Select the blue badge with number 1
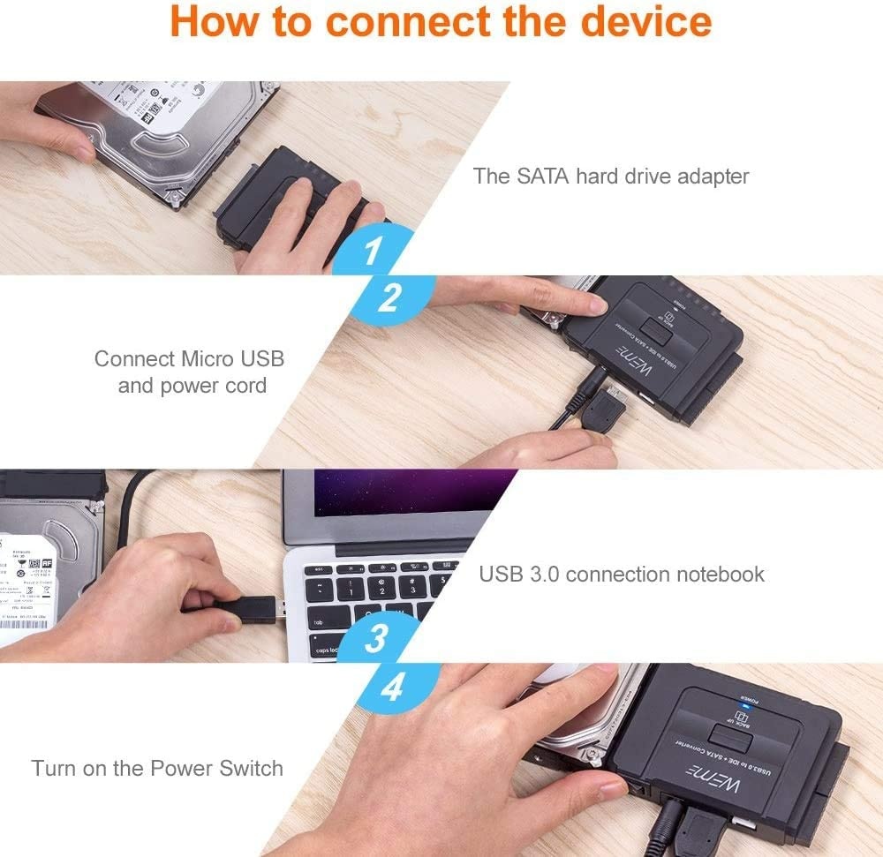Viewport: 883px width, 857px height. [x=373, y=252]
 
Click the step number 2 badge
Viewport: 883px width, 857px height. [x=389, y=298]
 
